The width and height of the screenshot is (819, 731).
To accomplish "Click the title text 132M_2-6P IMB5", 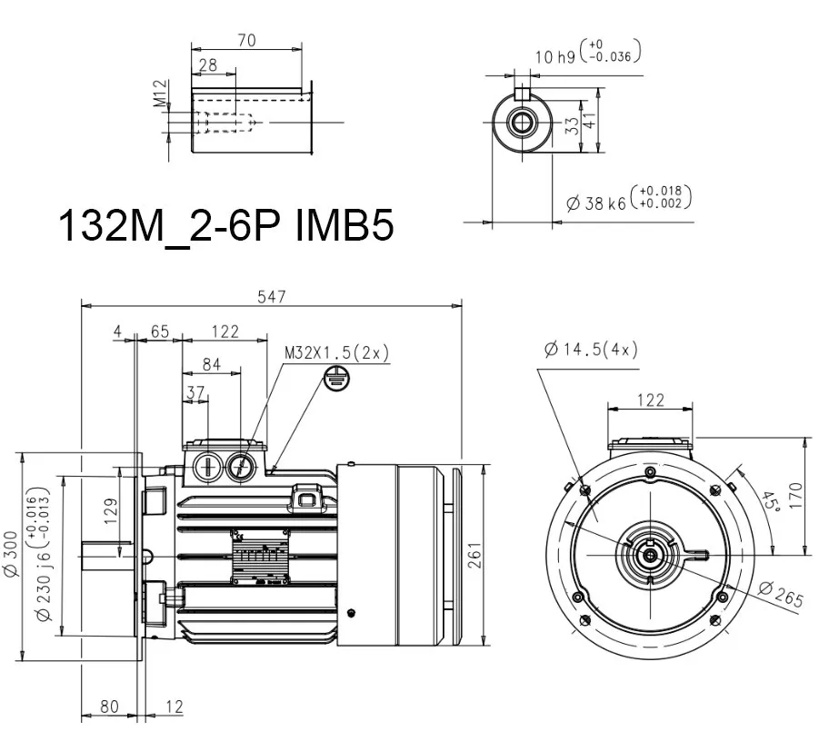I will [225, 225].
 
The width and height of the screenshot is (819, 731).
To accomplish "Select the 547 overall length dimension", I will [272, 296].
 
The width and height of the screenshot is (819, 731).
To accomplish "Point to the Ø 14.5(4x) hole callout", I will [591, 350].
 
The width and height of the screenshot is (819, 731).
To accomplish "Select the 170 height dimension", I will [795, 495].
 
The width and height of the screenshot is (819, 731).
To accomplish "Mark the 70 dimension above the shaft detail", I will [245, 40].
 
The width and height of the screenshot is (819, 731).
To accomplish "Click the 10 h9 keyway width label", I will [555, 56].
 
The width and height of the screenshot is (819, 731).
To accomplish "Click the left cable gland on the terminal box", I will [207, 467].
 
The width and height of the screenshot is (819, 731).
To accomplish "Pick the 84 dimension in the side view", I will [211, 364].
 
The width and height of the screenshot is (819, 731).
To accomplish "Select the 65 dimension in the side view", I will [160, 331].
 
